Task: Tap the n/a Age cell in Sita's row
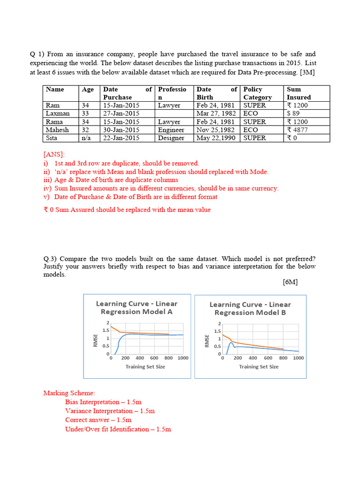(x=85, y=138)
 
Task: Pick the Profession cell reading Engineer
(x=171, y=130)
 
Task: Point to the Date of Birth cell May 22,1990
(x=216, y=138)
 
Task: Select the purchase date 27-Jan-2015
(x=121, y=113)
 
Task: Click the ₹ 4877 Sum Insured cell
(x=297, y=130)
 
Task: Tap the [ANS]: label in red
(x=54, y=154)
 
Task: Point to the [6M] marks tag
(x=290, y=282)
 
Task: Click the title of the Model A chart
(x=137, y=307)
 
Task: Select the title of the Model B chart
(x=250, y=308)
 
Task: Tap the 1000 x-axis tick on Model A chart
(x=183, y=358)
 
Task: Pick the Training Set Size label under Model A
(x=145, y=367)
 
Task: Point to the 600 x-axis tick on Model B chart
(x=268, y=358)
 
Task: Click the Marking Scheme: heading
(x=69, y=393)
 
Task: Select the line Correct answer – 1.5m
(x=98, y=420)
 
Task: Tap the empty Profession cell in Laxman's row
(x=174, y=113)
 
